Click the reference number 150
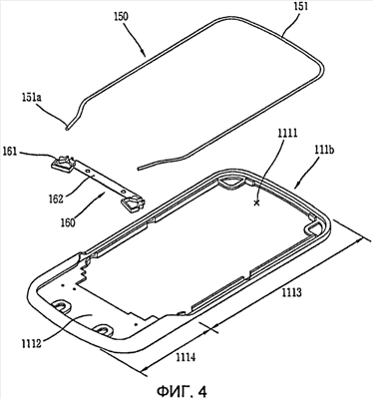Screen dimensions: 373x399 [121, 17]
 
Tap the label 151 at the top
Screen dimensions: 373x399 [300, 7]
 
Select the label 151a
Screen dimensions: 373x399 [26, 99]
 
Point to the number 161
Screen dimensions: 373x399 [10, 153]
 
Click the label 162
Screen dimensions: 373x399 [56, 199]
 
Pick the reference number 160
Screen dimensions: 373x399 [68, 222]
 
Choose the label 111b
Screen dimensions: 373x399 [324, 151]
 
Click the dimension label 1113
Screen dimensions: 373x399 [292, 293]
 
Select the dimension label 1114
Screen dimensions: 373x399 [186, 357]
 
